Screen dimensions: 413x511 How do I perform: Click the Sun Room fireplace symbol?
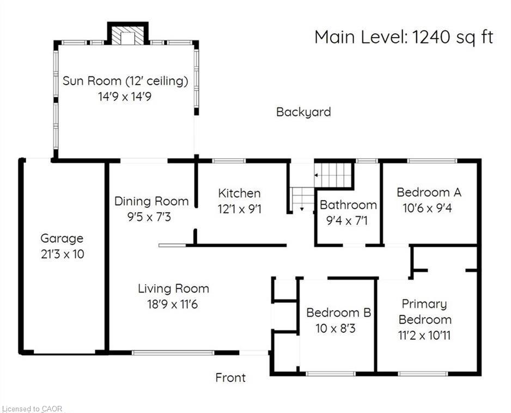coord(128,37)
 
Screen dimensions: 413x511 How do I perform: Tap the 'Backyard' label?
coord(303,112)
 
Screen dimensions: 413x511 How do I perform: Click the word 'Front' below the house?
coord(230,378)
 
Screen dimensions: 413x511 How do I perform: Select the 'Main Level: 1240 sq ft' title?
coord(404,37)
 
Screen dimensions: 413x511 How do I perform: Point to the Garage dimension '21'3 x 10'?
coord(62,254)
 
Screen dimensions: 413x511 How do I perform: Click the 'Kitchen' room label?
coord(239,193)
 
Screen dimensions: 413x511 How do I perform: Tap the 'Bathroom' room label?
coord(348,205)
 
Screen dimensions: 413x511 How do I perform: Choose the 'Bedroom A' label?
coord(429,192)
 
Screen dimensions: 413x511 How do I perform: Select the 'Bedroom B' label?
coord(338,313)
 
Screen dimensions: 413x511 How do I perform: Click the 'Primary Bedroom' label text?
coord(424,312)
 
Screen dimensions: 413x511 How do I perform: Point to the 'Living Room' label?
coord(173,289)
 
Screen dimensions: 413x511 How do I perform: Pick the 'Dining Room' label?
coord(151,201)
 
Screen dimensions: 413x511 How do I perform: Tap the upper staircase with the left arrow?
coord(333,175)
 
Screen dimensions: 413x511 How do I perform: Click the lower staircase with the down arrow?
coord(302,199)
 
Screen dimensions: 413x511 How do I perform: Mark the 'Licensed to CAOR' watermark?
coord(32,408)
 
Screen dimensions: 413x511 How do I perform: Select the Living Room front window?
coord(173,353)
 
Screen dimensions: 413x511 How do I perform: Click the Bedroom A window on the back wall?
coord(432,160)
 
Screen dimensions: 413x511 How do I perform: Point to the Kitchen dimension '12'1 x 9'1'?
coord(239,208)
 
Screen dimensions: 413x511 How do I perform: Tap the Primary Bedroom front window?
coord(423,374)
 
